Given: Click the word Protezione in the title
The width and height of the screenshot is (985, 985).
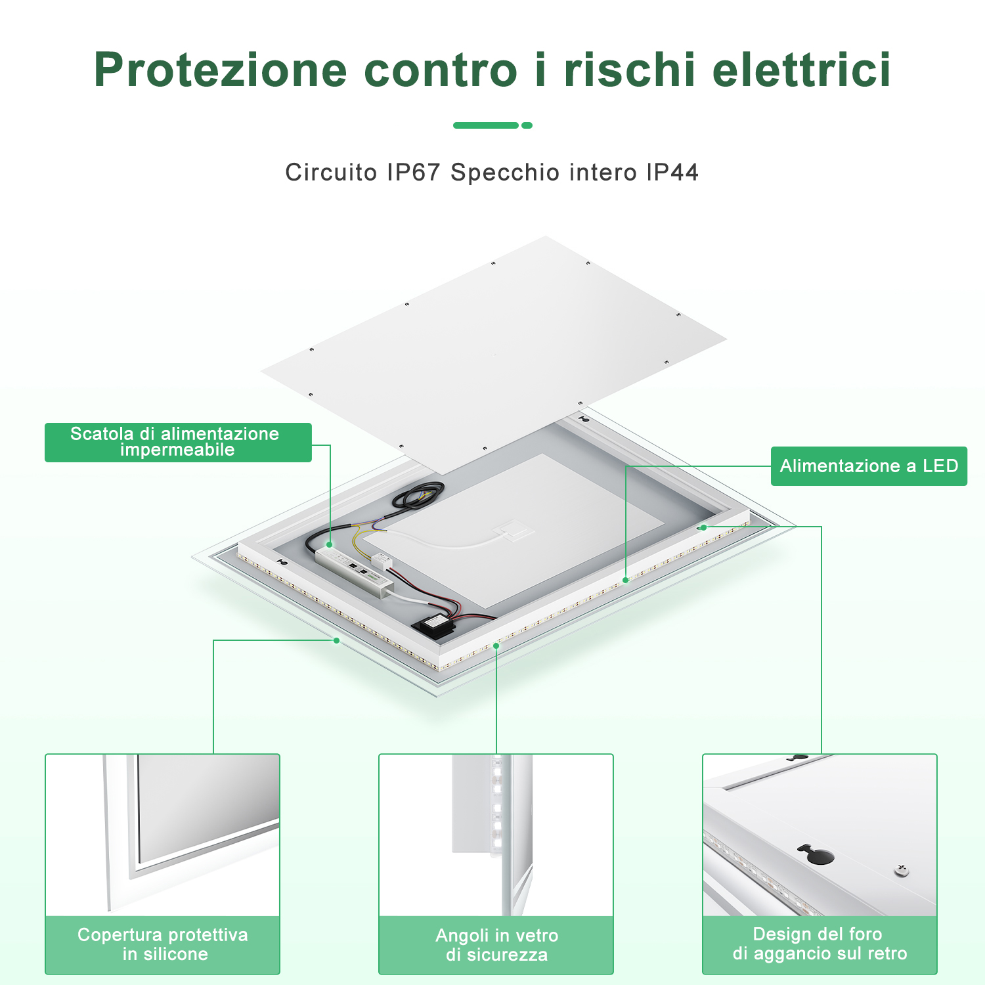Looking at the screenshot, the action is click(x=221, y=70).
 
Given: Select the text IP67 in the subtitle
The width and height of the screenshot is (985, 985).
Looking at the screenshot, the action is click(x=413, y=172).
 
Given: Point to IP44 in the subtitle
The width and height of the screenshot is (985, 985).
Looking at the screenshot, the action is click(x=672, y=172).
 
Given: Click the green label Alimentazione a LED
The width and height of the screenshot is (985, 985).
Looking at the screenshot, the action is click(x=869, y=466).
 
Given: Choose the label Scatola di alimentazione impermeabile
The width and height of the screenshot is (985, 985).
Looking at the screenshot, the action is click(x=178, y=442).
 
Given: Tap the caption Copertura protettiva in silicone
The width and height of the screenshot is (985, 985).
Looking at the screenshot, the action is click(x=163, y=944).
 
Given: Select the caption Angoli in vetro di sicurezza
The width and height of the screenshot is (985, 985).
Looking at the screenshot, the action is click(x=496, y=945).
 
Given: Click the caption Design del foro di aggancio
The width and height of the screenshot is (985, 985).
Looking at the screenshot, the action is click(x=820, y=944).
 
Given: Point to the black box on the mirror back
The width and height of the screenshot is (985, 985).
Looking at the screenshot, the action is click(x=434, y=624).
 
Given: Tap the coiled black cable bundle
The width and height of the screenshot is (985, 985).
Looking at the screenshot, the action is click(x=418, y=494).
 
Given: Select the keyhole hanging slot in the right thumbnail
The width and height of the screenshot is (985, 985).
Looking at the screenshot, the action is click(x=816, y=854).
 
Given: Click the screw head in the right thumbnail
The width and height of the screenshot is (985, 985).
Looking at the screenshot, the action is click(x=902, y=871).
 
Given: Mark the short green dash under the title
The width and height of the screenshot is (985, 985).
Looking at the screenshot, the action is click(x=527, y=125).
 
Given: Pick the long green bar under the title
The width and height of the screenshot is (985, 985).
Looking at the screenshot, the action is click(x=486, y=125).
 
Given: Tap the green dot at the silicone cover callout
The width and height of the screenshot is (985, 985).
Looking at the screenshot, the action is click(x=336, y=640).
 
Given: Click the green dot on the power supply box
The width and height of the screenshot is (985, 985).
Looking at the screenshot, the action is click(x=330, y=544).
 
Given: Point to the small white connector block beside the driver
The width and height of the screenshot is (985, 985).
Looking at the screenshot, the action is click(x=382, y=560).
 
